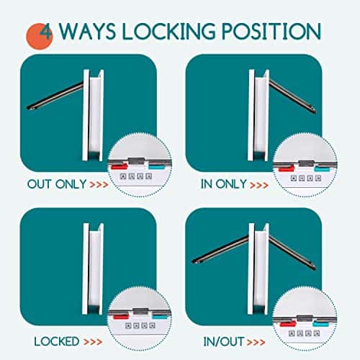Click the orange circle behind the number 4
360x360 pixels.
pyautogui.click(x=39, y=37)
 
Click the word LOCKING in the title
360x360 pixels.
pyautogui.click(x=168, y=31)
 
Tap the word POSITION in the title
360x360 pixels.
pyautogui.click(x=271, y=31)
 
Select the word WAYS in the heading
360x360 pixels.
pyautogui.click(x=87, y=31)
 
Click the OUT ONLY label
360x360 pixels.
pyautogui.click(x=57, y=184)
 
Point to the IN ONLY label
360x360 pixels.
pyautogui.click(x=224, y=184)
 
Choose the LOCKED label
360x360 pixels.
pyautogui.click(x=57, y=341)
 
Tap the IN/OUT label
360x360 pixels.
pyautogui.click(x=224, y=341)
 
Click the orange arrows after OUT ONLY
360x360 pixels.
pyautogui.click(x=99, y=184)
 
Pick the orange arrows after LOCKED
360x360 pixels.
pyautogui.click(x=94, y=342)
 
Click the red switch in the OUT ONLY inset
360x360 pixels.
pyautogui.click(x=119, y=166)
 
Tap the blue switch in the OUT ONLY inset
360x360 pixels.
pyautogui.click(x=157, y=166)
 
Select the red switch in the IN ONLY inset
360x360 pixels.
pyautogui.click(x=286, y=168)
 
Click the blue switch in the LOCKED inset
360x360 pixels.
pyautogui.click(x=160, y=317)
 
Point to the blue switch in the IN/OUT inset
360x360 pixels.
pyautogui.click(x=320, y=323)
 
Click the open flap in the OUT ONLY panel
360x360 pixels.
pyautogui.click(x=55, y=96)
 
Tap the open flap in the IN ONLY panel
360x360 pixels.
pyautogui.click(x=292, y=96)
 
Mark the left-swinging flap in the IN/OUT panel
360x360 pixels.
pyautogui.click(x=220, y=250)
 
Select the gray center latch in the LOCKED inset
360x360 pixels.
pyautogui.click(x=140, y=311)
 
